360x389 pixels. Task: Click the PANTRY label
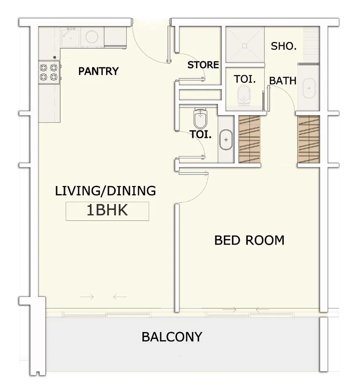99,71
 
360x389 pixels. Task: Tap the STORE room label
203,65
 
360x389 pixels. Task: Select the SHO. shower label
284,46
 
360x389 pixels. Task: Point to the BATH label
283,81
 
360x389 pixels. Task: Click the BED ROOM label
249,240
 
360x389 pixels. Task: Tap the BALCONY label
172,337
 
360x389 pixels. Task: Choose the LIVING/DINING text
106,191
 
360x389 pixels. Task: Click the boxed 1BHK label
107,210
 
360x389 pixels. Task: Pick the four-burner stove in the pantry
49,72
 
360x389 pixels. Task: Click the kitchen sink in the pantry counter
71,38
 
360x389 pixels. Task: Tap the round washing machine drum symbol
92,37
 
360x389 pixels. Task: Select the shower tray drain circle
245,46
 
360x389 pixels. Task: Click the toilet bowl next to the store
244,95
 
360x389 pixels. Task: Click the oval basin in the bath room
309,88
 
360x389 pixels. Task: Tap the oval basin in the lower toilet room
226,140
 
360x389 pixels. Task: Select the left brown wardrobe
250,139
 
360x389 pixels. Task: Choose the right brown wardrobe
309,139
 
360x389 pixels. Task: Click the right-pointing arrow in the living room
87,297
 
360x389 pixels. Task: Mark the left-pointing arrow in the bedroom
262,310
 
